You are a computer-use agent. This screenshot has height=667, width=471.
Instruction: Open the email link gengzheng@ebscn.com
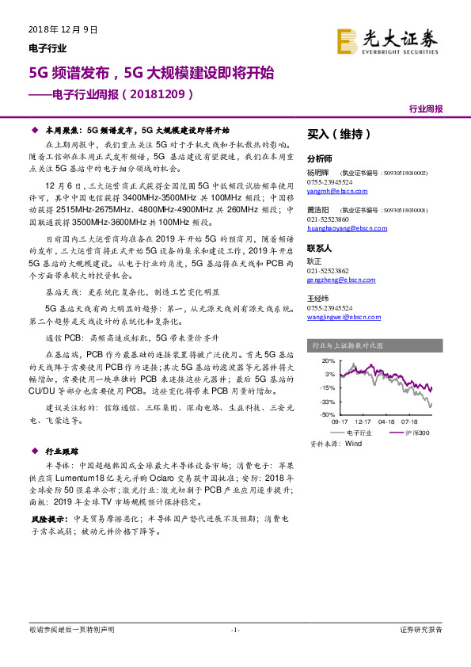pos(340,278)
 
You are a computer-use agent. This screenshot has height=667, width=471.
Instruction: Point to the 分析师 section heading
pos(321,158)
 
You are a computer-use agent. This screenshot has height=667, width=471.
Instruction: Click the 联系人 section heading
pos(321,248)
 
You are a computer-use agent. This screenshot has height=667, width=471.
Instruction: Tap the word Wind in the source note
pos(354,444)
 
